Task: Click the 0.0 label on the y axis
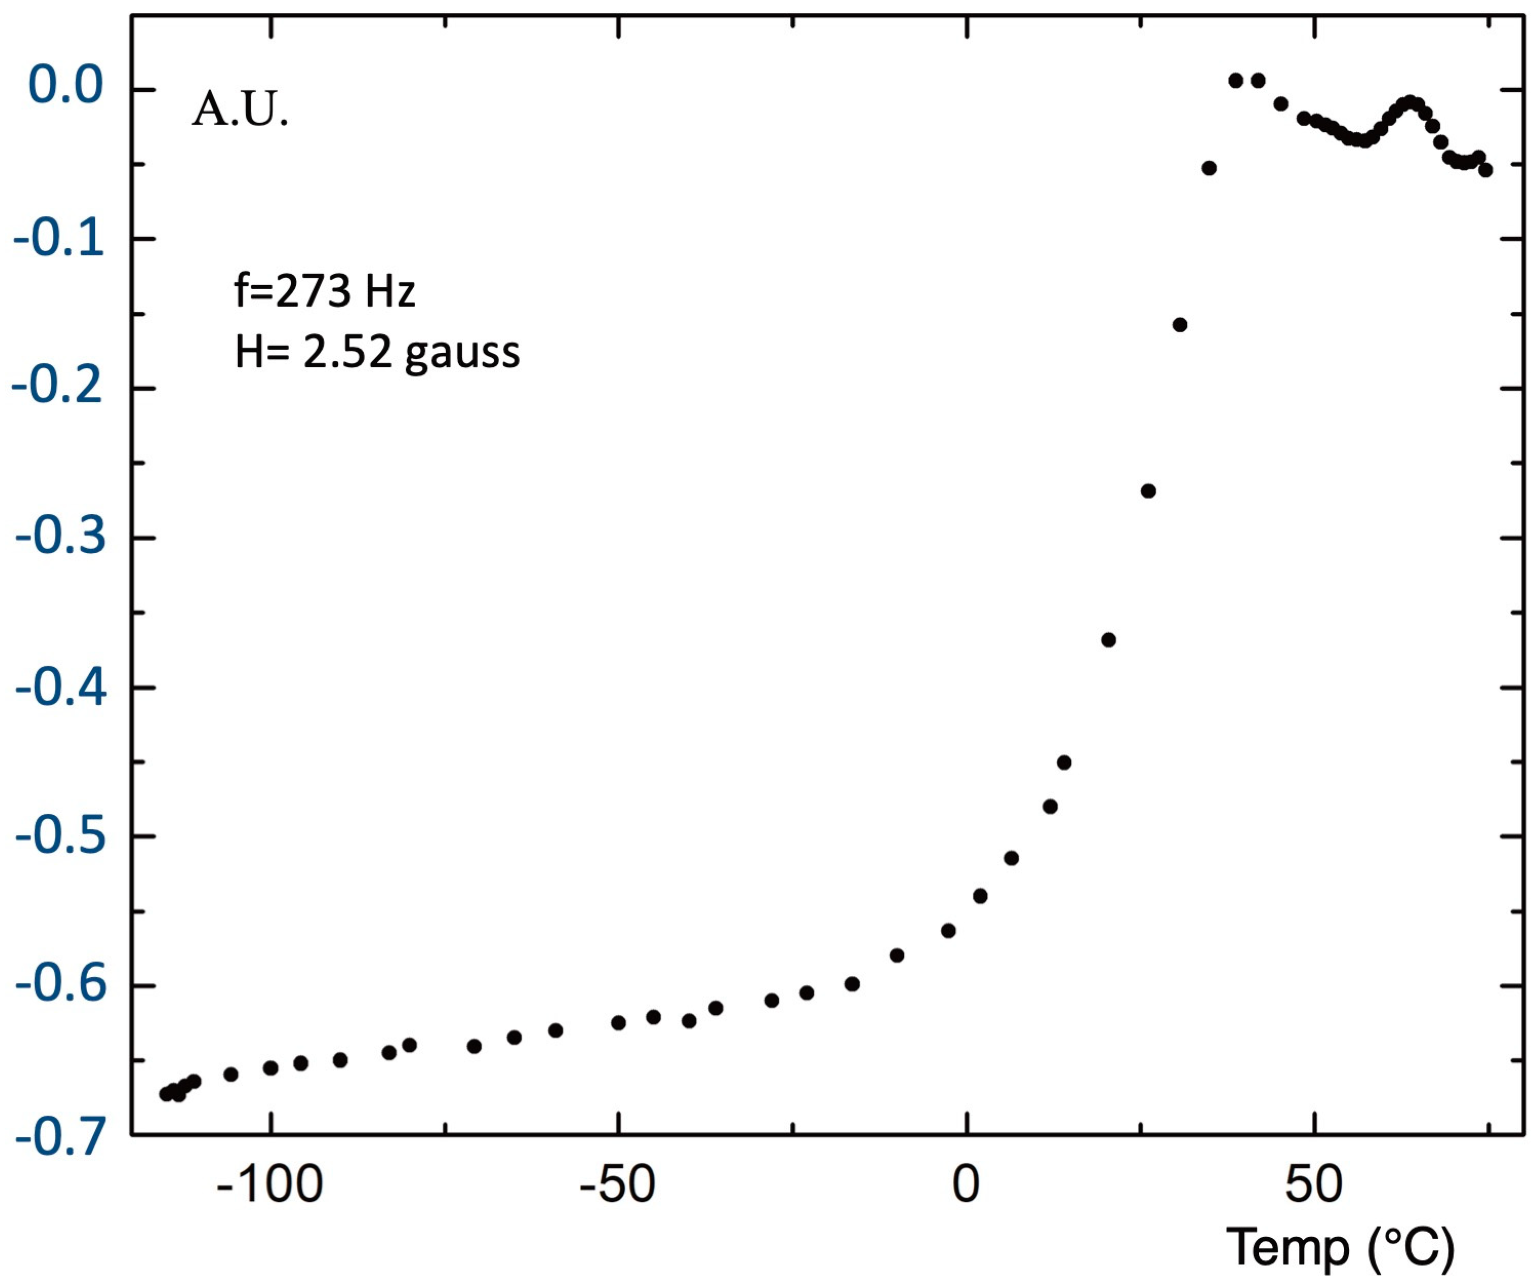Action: (x=66, y=86)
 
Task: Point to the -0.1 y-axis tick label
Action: (x=59, y=238)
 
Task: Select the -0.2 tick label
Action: (x=58, y=387)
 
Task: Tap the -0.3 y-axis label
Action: (x=60, y=537)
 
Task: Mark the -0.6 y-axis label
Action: (x=60, y=986)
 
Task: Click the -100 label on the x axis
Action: (x=270, y=1185)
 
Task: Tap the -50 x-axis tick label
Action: (x=617, y=1185)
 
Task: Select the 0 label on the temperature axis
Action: (x=966, y=1185)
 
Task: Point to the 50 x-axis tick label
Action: (x=1314, y=1185)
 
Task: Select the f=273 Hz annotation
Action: (x=325, y=291)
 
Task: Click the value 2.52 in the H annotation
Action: (x=347, y=352)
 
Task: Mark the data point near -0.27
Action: (x=1148, y=491)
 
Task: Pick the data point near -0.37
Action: (x=1108, y=640)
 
